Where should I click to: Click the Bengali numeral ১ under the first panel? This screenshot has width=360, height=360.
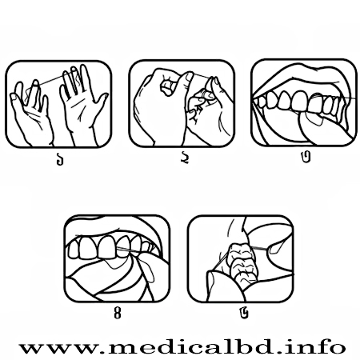[60, 159]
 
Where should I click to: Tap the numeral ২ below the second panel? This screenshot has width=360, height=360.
[185, 158]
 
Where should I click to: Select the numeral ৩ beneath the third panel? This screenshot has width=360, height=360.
[306, 157]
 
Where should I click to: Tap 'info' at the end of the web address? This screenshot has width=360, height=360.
[320, 346]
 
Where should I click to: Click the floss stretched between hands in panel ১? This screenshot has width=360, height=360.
[51, 80]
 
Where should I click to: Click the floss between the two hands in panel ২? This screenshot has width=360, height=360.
[201, 76]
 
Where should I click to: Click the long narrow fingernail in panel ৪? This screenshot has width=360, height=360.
[147, 270]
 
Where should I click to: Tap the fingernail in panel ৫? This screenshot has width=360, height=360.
[275, 249]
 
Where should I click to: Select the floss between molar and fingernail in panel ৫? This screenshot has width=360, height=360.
[258, 248]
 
